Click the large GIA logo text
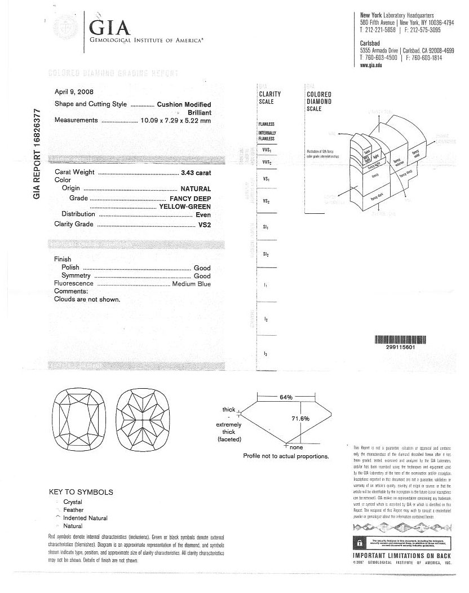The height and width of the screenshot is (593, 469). click(111, 27)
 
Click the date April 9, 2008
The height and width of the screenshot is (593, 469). click(74, 92)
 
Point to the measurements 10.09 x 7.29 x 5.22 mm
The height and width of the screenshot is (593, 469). click(175, 120)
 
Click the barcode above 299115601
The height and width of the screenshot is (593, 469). click(401, 340)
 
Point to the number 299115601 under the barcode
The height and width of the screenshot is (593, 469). click(401, 348)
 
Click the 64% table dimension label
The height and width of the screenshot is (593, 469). click(286, 398)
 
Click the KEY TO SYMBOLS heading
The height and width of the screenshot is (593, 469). click(81, 492)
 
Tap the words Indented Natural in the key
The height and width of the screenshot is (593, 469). click(85, 518)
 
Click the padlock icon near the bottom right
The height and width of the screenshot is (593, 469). click(358, 543)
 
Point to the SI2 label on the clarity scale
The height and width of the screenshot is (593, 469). click(266, 254)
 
